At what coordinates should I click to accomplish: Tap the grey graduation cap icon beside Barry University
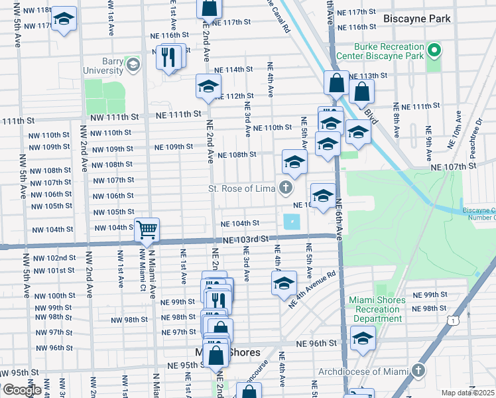133,64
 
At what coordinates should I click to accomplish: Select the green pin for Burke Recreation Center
434,50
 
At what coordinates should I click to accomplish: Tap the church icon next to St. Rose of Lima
286,188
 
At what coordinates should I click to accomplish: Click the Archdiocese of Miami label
364,371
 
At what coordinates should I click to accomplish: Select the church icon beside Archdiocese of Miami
418,369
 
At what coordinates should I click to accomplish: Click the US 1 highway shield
452,320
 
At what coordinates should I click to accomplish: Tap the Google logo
21,390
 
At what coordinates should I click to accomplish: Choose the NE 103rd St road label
246,239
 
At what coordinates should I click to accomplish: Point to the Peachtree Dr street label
475,139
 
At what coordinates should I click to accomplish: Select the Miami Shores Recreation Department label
377,309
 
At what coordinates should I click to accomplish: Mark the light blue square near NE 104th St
290,222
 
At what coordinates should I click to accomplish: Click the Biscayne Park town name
416,19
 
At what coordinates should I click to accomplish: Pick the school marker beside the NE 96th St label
362,340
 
